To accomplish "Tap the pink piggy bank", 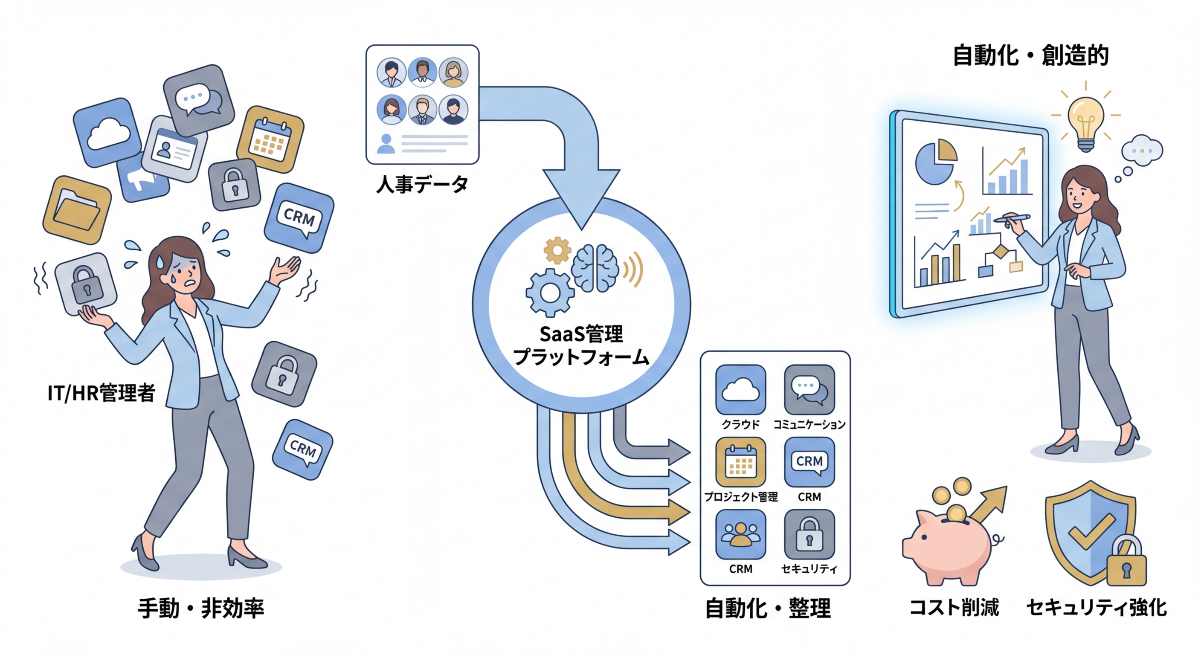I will [946, 550].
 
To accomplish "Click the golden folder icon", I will [77, 210].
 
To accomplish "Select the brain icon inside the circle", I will [595, 269].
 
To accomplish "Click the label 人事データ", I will [422, 185].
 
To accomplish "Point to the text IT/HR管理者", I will [101, 393].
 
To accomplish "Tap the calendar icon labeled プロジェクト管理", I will [740, 462].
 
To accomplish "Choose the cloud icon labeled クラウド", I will [740, 390].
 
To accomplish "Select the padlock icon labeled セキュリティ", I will [809, 534].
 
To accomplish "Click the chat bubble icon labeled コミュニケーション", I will [809, 390].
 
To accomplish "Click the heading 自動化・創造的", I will [1030, 56].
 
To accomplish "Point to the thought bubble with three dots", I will [1142, 151].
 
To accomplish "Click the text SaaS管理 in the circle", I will [581, 334].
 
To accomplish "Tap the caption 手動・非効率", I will [200, 609].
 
